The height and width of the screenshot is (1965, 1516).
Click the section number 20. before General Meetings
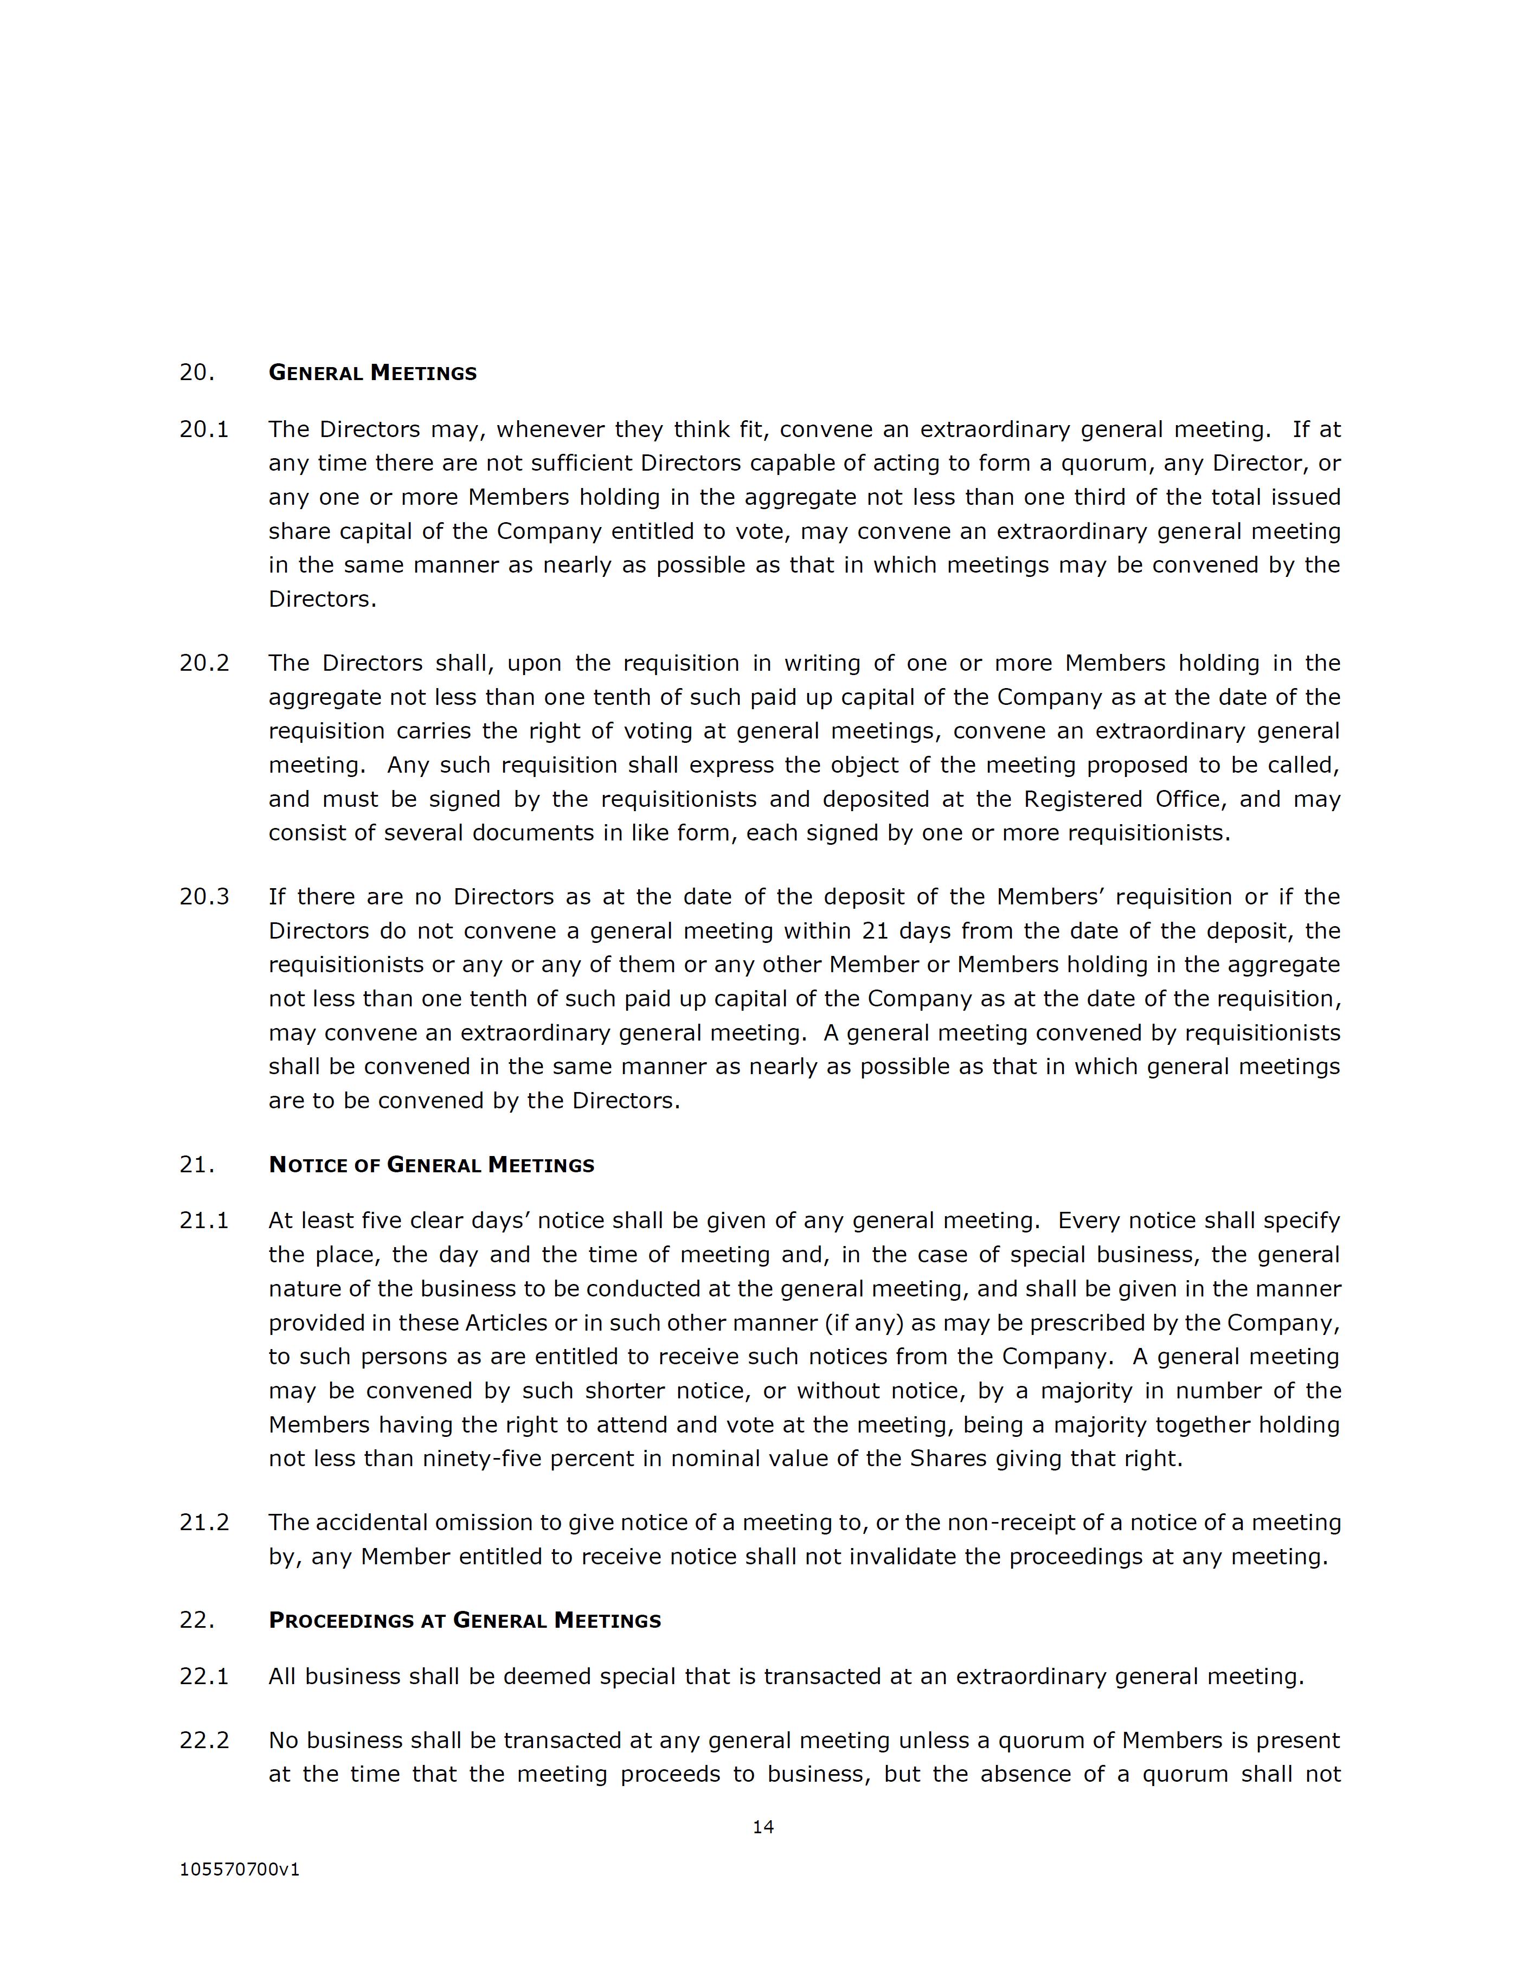click(x=197, y=374)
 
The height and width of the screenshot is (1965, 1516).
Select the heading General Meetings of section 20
click(x=372, y=374)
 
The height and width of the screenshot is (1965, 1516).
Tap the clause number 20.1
click(x=204, y=429)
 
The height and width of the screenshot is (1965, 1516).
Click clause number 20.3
click(x=204, y=897)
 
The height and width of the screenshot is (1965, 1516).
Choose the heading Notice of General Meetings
click(x=431, y=1165)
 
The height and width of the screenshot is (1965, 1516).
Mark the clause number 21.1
click(x=204, y=1221)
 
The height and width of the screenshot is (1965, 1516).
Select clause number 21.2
click(x=204, y=1523)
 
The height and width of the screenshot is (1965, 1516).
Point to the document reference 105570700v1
click(x=239, y=1870)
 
